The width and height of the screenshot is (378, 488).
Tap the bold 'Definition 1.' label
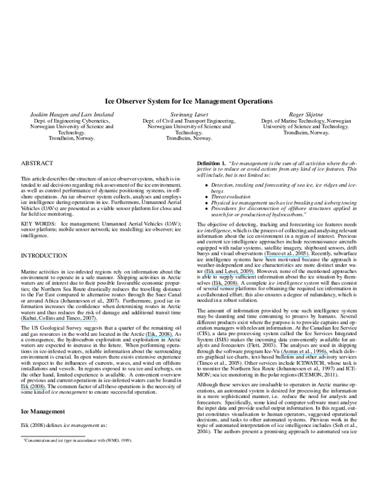[x=212, y=162]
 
